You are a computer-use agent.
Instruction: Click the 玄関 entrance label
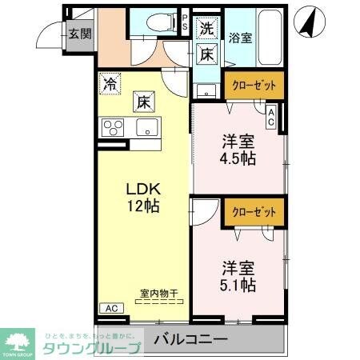click(78, 34)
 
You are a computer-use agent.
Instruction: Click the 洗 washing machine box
click(206, 27)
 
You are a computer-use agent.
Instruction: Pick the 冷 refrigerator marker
click(109, 82)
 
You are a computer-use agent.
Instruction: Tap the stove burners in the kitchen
click(112, 126)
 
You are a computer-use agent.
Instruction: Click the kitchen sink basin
click(146, 126)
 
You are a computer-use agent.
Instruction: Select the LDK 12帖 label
click(144, 198)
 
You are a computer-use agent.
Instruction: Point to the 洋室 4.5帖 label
click(238, 150)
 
